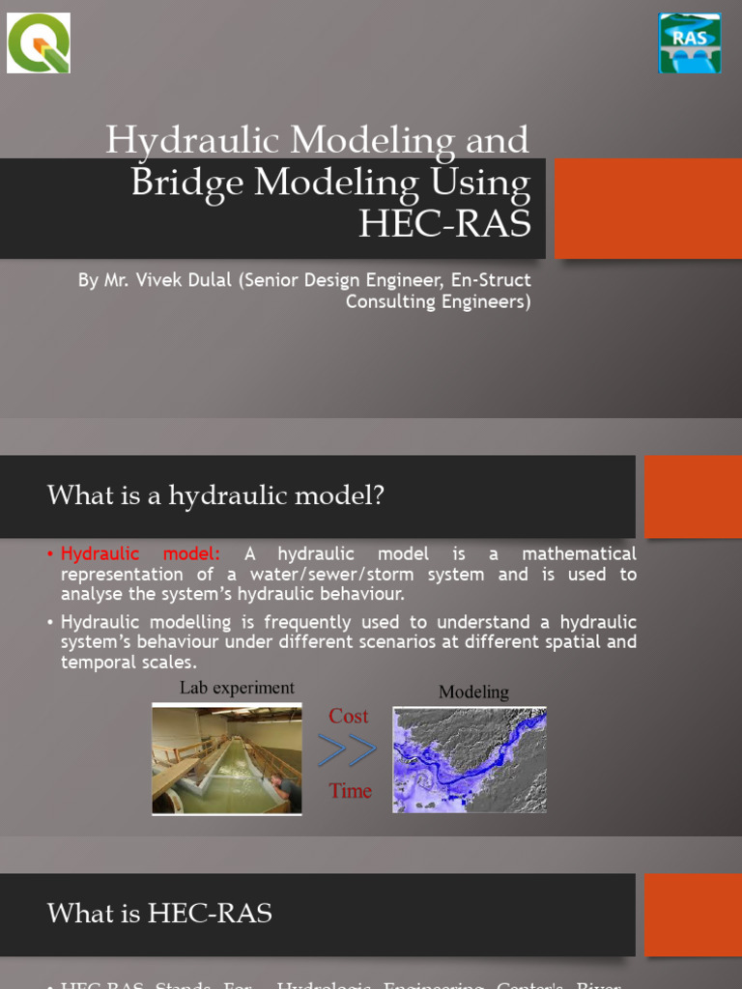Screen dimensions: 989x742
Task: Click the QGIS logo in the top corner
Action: (39, 43)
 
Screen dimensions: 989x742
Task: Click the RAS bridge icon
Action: (690, 43)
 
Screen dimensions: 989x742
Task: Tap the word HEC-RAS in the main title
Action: (444, 223)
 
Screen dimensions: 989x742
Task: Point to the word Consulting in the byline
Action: (390, 301)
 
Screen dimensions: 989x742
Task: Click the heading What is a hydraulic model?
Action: (215, 496)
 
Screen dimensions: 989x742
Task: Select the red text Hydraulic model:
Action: (140, 554)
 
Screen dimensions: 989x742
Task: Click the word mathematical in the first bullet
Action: (579, 554)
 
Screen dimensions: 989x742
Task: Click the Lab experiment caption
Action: (237, 688)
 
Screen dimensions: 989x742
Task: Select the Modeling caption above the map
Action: (473, 692)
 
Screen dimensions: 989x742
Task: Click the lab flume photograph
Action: (226, 760)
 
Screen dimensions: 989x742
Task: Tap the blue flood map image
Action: (469, 759)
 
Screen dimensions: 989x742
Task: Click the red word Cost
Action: (348, 716)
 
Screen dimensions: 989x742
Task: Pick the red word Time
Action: (350, 791)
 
